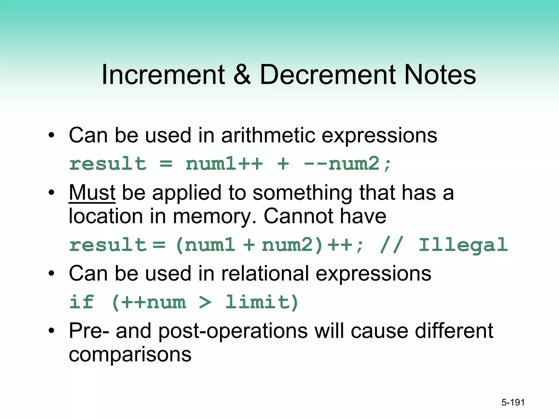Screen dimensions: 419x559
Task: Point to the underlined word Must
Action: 92,193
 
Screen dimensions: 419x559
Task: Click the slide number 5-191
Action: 513,402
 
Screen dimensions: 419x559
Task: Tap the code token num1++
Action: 224,164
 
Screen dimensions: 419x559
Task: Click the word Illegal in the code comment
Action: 463,245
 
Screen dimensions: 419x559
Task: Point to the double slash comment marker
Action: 391,245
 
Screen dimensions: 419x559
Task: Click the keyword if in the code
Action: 81,302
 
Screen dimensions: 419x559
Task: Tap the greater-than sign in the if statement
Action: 205,302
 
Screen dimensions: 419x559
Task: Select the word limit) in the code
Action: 261,302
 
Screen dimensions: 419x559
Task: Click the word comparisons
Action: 130,355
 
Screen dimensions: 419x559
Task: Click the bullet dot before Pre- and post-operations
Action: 51,331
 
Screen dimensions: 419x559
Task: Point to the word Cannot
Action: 299,216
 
